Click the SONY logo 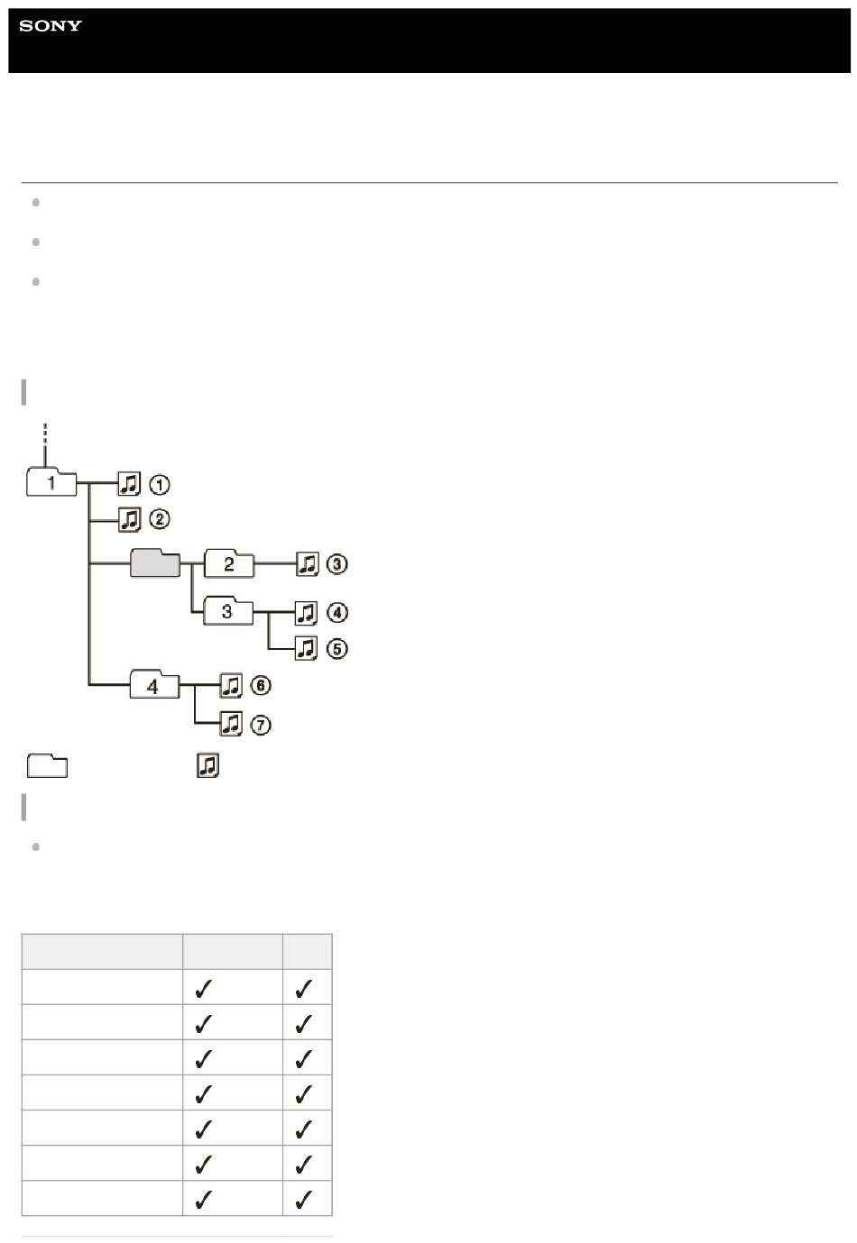pos(50,26)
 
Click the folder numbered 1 pos(51,481)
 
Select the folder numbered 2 pos(229,563)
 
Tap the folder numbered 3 pos(227,611)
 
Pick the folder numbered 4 pos(154,684)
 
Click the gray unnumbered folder pos(155,563)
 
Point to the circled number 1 pos(160,485)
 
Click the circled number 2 pos(160,519)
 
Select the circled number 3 pos(336,563)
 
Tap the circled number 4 pos(336,613)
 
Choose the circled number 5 pos(336,649)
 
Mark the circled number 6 pos(261,685)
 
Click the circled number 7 pos(261,726)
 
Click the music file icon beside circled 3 pos(307,563)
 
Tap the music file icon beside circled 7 pos(231,724)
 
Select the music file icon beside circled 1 pos(129,483)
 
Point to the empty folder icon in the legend pos(47,765)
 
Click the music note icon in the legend pos(207,765)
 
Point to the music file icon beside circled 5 pos(306,647)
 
